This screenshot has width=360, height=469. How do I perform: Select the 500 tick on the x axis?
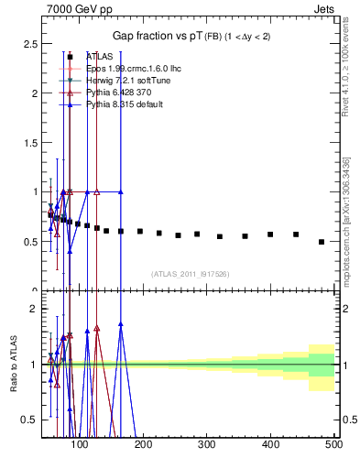tap(333, 446)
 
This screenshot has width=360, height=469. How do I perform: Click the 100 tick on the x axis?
tap(80, 446)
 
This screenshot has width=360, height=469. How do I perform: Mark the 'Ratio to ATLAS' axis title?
tap(13, 364)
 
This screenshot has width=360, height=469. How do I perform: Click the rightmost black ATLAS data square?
tap(321, 242)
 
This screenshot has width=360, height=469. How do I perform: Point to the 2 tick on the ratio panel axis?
tap(33, 309)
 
